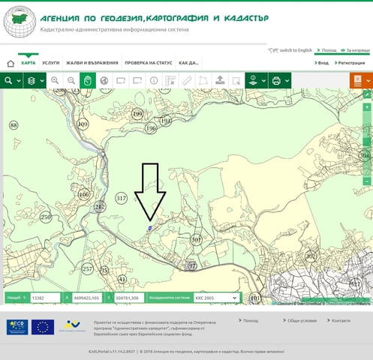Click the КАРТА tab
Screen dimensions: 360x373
pos(29,63)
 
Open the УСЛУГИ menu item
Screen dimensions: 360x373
pos(51,63)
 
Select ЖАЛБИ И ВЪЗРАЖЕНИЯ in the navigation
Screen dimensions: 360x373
pos(91,63)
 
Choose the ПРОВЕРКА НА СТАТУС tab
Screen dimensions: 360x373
pos(149,63)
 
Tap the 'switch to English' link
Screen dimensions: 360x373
pos(293,50)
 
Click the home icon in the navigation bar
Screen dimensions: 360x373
pos(11,64)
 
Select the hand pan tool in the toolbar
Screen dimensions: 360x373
pos(87,80)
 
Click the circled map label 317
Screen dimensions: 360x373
pos(122,198)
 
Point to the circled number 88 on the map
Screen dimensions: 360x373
pos(14,124)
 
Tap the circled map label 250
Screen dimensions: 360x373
pos(46,217)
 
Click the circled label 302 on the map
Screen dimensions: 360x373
pos(311,256)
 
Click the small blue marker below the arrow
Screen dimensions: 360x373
pos(150,227)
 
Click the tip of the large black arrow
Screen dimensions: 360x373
pos(150,220)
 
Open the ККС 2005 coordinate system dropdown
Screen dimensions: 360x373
pos(216,298)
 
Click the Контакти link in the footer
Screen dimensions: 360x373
pos(341,320)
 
